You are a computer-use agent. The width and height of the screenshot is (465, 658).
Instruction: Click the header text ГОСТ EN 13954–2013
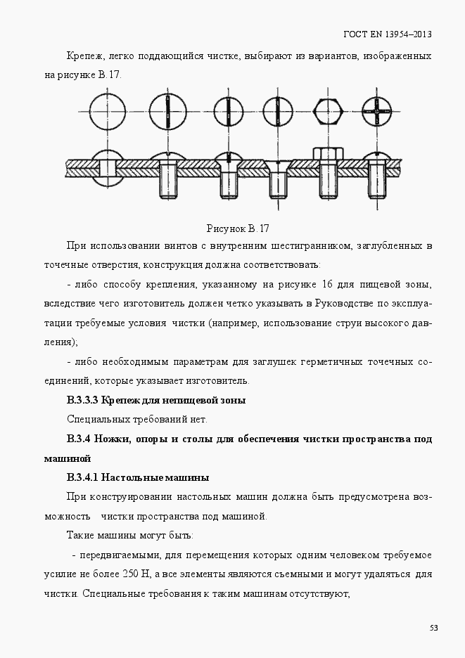[x=387, y=34]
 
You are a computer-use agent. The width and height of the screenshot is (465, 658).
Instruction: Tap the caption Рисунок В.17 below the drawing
[x=238, y=228]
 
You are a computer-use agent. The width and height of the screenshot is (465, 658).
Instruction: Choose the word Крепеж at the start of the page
[x=84, y=56]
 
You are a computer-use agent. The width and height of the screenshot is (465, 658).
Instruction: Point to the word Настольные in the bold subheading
[x=131, y=478]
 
